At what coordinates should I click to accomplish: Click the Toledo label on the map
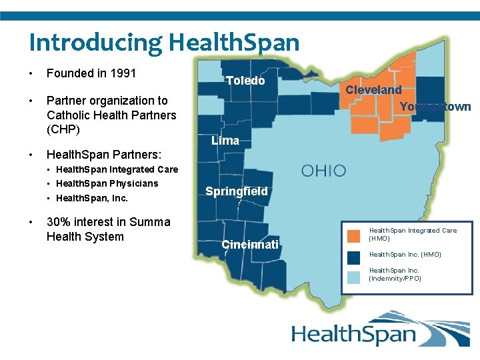245,81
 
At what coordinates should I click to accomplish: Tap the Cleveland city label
373,89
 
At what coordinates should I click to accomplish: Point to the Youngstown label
435,106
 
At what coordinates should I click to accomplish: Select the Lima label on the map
225,141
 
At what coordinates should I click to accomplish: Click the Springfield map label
236,191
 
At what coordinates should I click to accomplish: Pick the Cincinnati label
250,245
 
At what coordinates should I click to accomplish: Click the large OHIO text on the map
324,171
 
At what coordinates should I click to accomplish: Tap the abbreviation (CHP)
63,129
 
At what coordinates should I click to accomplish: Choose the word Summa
150,222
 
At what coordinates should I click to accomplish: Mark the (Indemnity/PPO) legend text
395,278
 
